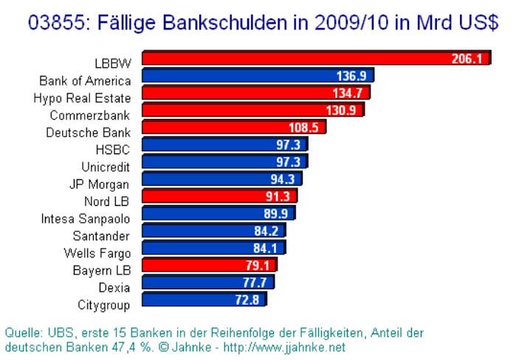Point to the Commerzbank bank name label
click(x=89, y=115)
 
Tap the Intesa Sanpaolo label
click(x=85, y=218)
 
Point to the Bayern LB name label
click(x=102, y=270)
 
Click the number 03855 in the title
click(x=56, y=23)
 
